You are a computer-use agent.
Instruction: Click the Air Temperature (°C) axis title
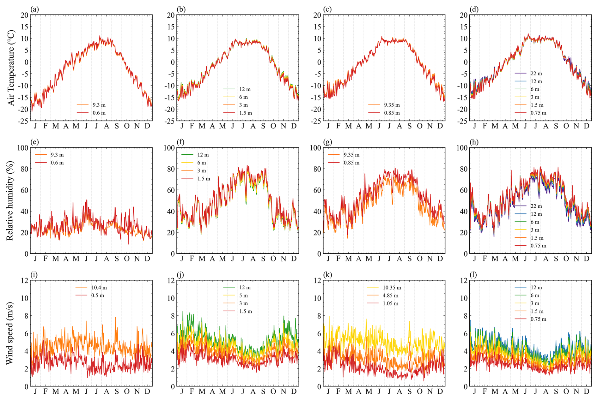pyautogui.click(x=11, y=68)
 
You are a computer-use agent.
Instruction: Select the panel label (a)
pyautogui.click(x=34, y=9)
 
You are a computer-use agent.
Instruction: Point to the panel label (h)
pyautogui.click(x=474, y=142)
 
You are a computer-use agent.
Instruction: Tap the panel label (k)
pyautogui.click(x=327, y=275)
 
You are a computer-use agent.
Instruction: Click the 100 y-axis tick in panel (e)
pyautogui.click(x=22, y=148)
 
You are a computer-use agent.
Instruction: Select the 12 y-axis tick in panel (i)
pyautogui.click(x=24, y=280)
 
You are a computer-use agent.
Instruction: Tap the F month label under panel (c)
pyautogui.click(x=338, y=126)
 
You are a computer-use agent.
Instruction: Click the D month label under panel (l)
pyautogui.click(x=587, y=391)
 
